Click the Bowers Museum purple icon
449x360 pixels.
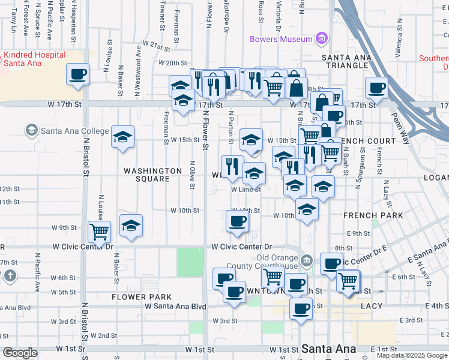[x=322, y=39]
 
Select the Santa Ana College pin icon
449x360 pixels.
[x=31, y=130]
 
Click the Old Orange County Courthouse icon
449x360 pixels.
[x=307, y=260]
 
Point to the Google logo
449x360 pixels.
[x=20, y=352]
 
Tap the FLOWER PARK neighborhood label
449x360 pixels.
[x=142, y=297]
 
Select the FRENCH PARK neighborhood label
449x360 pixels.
[x=369, y=215]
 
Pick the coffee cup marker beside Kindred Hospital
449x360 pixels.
[x=77, y=74]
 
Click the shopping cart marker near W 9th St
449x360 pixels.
[x=99, y=231]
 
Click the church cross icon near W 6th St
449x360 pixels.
[x=10, y=275]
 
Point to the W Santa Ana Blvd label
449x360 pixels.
[x=175, y=306]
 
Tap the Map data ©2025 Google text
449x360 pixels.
[x=412, y=355]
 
